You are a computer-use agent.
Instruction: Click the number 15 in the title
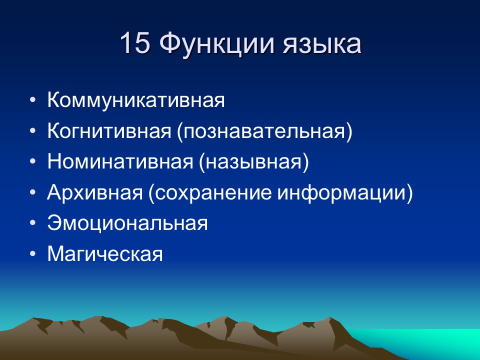pos(135,44)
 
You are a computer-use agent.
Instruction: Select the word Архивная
pos(95,193)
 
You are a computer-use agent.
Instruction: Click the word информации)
pos(345,193)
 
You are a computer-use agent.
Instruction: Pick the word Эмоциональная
pos(127,223)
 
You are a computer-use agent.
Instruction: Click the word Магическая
pos(105,254)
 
